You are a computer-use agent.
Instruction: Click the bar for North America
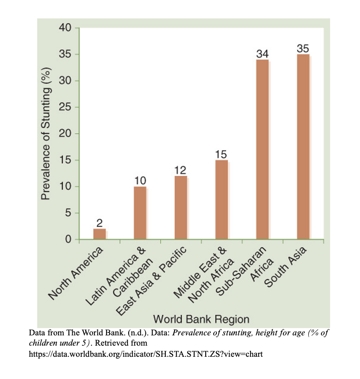pos(99,234)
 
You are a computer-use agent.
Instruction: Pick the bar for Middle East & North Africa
pos(221,200)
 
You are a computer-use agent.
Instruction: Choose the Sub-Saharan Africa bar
pos(262,150)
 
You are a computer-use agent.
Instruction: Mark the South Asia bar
pos(303,147)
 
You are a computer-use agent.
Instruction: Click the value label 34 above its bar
pos(262,54)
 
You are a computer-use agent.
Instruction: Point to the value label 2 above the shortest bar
pos(99,223)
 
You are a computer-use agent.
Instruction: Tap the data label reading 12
pos(180,170)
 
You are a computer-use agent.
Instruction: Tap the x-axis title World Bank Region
pos(201,319)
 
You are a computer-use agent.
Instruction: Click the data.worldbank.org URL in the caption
pos(145,354)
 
